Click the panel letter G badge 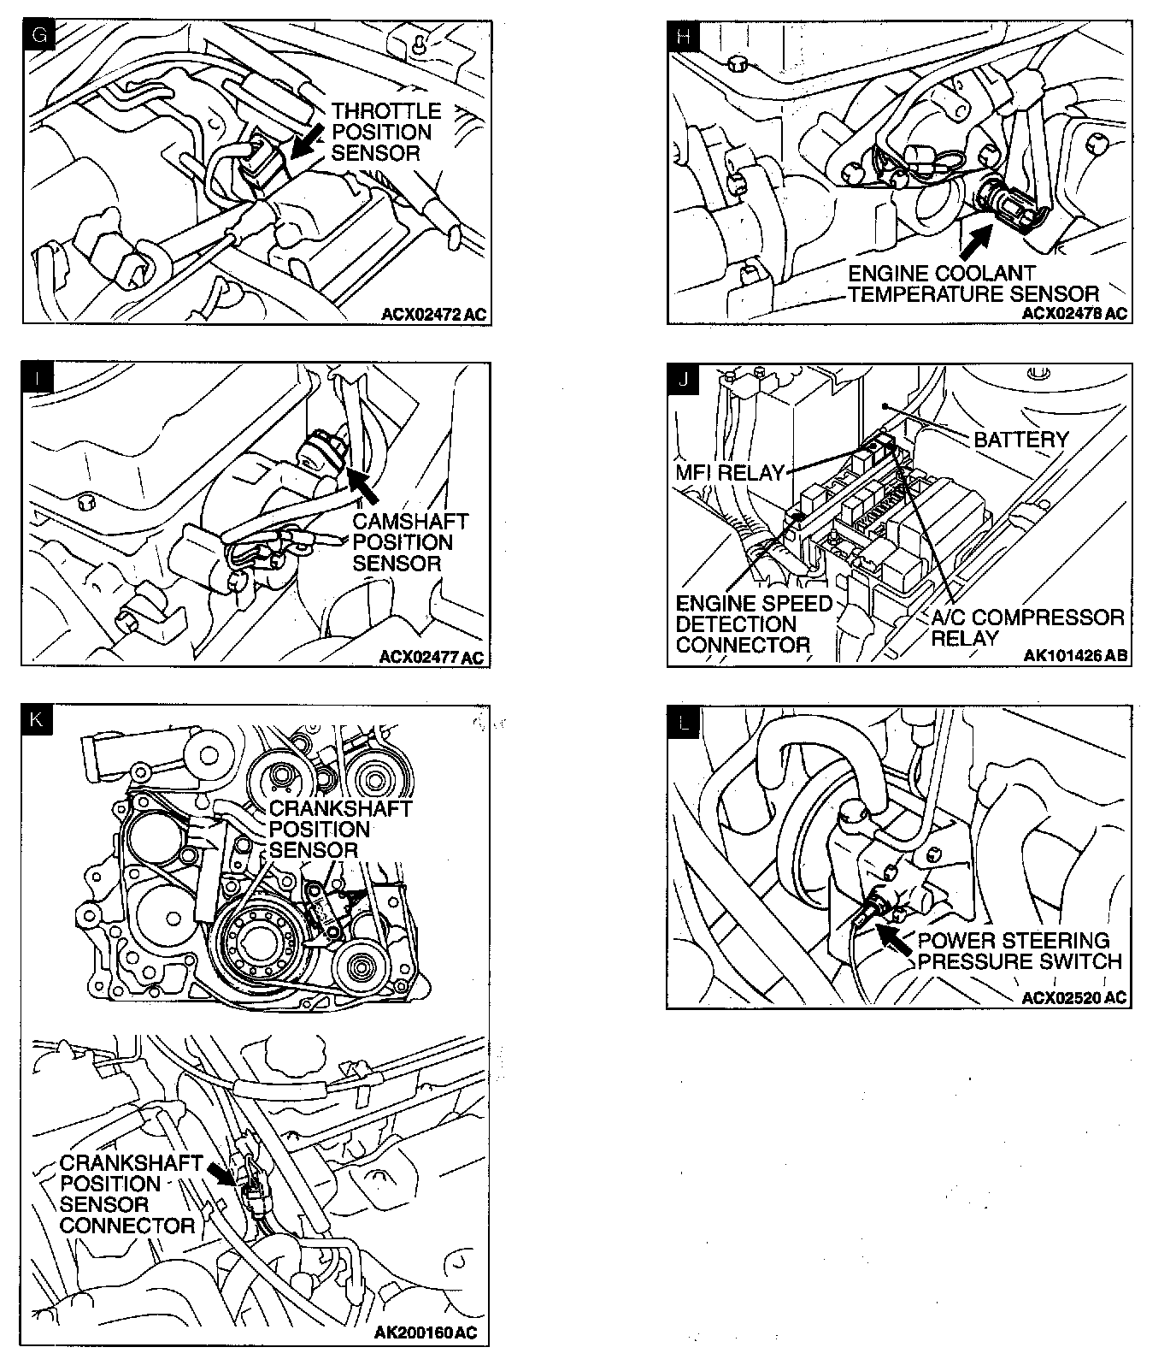(x=38, y=37)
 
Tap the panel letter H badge (x=684, y=37)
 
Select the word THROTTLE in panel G (x=386, y=111)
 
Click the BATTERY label (x=1021, y=440)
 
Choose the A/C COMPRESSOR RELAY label (x=1026, y=628)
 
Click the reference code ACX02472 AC (x=433, y=315)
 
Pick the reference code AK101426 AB (x=1075, y=657)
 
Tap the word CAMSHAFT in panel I (x=410, y=521)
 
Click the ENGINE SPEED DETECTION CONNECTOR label (x=742, y=624)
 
